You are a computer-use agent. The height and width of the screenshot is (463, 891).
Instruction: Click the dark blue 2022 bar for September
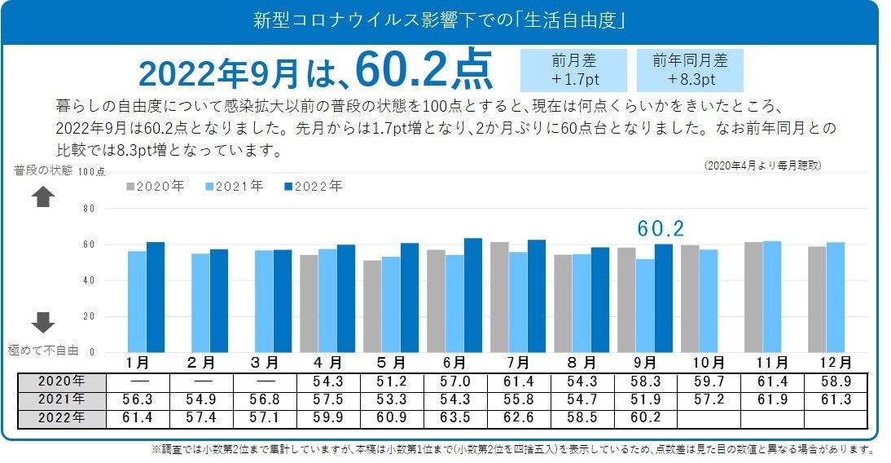coord(664,298)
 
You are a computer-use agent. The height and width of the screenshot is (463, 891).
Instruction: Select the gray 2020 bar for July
coord(499,298)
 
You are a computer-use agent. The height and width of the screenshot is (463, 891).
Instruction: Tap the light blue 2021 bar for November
coord(771,297)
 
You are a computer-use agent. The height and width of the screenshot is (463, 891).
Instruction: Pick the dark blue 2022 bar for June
coord(473,295)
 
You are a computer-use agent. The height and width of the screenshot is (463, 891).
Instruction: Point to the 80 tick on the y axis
coord(89,209)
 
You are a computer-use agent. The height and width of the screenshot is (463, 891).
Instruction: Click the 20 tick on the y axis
coord(89,316)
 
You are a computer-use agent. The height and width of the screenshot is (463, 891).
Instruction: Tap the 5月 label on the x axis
coord(391,362)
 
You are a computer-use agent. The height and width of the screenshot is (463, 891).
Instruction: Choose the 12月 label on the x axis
coord(835,362)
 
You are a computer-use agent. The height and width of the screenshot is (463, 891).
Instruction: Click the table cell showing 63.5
coord(454,418)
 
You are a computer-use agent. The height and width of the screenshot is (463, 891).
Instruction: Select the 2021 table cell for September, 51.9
coord(645,400)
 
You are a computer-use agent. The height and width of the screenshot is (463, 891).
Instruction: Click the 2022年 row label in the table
coord(62,418)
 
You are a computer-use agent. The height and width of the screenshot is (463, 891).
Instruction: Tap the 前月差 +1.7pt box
coord(573,70)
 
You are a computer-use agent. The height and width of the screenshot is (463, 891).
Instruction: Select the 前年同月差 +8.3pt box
coord(690,70)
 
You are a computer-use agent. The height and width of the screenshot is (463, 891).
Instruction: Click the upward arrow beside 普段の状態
coord(42,197)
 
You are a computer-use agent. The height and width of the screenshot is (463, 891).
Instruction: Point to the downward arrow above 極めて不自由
coord(42,322)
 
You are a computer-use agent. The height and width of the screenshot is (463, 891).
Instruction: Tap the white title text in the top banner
coord(440,20)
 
